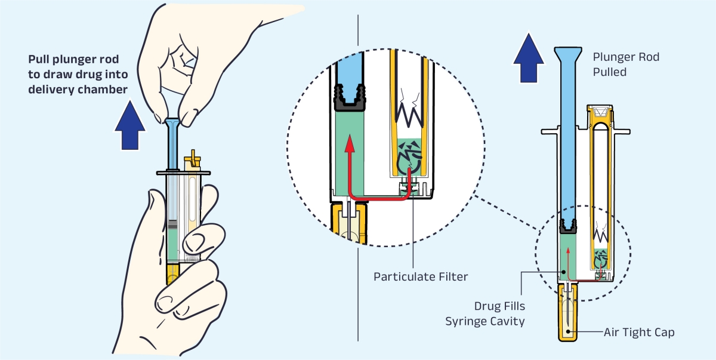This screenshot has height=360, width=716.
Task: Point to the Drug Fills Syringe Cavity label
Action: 484,313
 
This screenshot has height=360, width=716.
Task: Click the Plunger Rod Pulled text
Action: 625,64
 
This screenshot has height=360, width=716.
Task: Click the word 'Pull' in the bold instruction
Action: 39,60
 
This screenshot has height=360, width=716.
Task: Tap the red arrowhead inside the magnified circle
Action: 350,142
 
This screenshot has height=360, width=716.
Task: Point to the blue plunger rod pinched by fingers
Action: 172,143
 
